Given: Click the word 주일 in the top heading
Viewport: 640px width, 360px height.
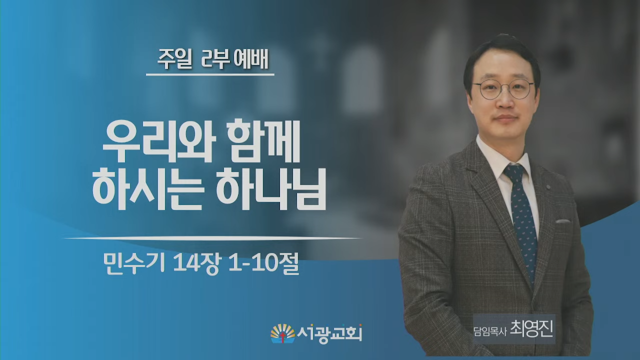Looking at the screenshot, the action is [x=174, y=60].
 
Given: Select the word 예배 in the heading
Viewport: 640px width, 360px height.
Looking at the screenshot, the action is [x=250, y=60].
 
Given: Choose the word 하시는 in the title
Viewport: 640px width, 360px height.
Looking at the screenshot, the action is [x=147, y=189].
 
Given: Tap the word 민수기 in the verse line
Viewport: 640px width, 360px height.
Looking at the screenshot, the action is [x=134, y=263].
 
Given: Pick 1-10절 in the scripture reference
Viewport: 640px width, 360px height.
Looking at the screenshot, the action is [x=263, y=263].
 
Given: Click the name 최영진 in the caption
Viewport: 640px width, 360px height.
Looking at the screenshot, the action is [x=531, y=329].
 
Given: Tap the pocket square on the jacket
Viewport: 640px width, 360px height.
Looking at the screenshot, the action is [x=562, y=221].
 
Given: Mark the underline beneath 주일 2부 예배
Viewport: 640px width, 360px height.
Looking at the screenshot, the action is [x=210, y=74].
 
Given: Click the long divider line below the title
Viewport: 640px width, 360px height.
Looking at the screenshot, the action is [x=213, y=237].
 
